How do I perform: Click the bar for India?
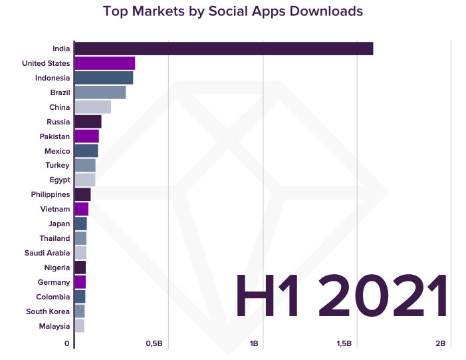click(x=223, y=49)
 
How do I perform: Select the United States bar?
click(x=104, y=63)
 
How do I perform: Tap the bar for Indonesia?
click(x=104, y=78)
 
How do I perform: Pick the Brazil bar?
click(x=100, y=92)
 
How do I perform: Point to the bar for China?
click(x=92, y=107)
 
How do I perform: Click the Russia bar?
click(x=88, y=122)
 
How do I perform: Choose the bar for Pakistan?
click(x=86, y=136)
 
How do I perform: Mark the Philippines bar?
click(x=82, y=194)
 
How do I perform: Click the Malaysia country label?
click(x=55, y=326)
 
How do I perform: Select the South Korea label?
click(x=48, y=311)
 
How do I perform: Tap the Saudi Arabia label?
click(x=47, y=253)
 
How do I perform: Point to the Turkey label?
click(x=57, y=165)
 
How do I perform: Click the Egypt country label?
click(x=59, y=180)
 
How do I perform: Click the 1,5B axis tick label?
click(x=344, y=343)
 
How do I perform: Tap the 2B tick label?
click(x=440, y=343)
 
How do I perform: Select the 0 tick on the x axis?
click(x=66, y=343)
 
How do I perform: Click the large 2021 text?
click(x=381, y=297)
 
